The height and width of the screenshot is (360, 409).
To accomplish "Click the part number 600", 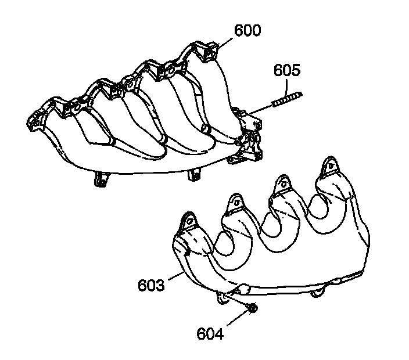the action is [x=247, y=30].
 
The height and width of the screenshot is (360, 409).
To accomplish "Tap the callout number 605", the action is [x=287, y=71].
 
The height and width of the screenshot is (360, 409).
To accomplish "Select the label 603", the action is [x=151, y=286].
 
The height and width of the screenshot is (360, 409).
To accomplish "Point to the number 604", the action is [x=210, y=333].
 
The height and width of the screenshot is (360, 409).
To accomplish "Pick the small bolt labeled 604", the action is [x=252, y=308].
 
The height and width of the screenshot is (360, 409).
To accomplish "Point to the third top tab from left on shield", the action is [x=284, y=185].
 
